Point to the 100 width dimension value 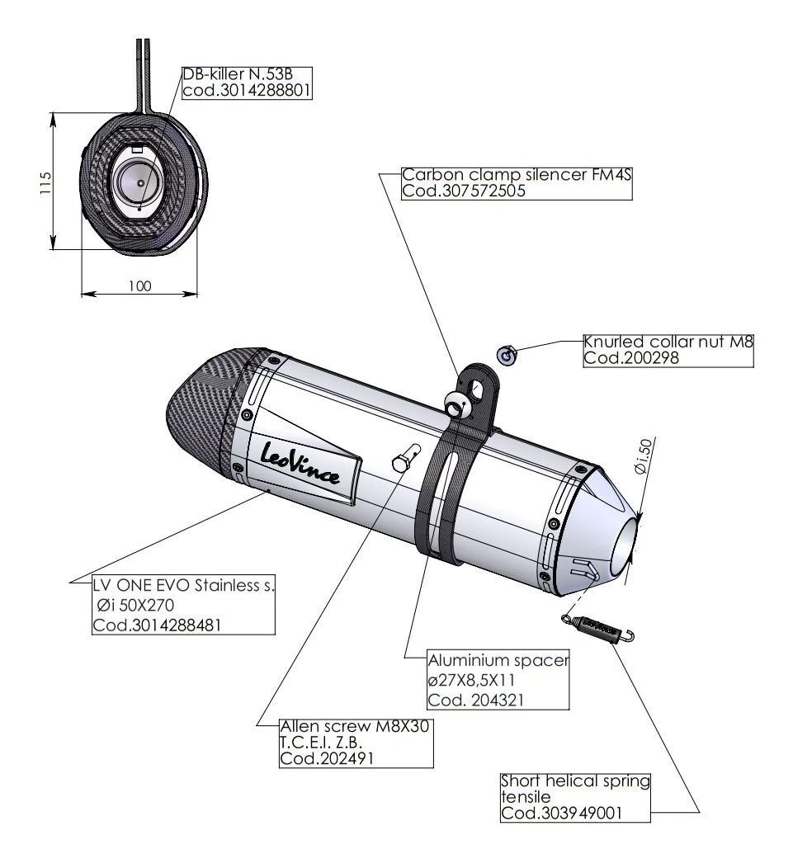coord(140,286)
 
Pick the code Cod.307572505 coord(464,191)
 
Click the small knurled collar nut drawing coord(507,355)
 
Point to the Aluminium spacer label coord(498,662)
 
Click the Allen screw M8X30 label coord(356,727)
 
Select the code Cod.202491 coord(326,759)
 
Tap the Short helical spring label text coord(576,781)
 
